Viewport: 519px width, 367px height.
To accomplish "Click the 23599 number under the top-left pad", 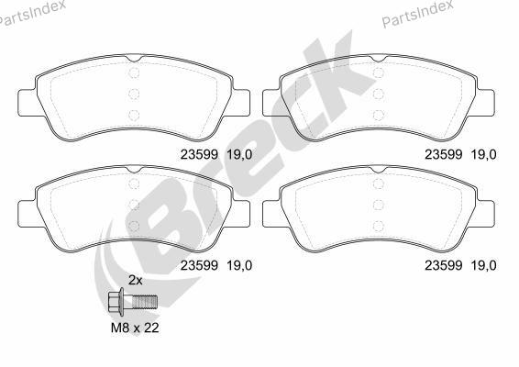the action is coord(199,154).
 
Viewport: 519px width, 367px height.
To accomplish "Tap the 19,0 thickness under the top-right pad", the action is coord(484,154).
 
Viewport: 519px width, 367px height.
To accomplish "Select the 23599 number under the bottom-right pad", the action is coord(444,265).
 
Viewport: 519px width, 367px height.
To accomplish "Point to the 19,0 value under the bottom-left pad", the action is coord(239,265).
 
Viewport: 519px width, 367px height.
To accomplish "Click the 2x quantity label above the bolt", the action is coord(136,281).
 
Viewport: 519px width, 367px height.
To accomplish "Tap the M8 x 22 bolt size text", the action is coord(135,328).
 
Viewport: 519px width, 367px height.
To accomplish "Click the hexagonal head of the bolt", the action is coord(115,302).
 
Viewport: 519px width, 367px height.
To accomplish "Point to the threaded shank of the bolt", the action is coord(144,302).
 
